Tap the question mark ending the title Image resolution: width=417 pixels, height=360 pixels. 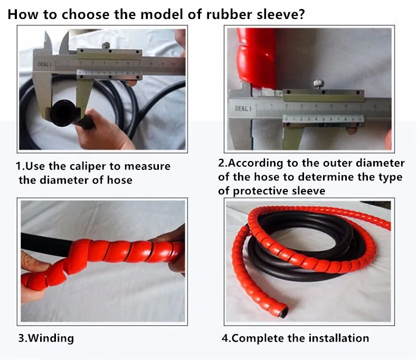click(x=301, y=14)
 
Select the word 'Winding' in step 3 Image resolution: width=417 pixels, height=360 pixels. click(x=51, y=338)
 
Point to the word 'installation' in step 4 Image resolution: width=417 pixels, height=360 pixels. click(x=338, y=338)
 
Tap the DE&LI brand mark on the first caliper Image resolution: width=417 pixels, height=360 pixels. click(x=44, y=64)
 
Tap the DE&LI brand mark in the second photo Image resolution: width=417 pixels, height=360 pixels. click(x=243, y=109)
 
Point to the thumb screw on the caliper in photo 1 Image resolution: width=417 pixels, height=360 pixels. click(x=106, y=45)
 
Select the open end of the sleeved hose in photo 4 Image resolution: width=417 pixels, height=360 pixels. click(x=283, y=312)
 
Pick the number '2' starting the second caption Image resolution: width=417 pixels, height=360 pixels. click(x=222, y=163)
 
